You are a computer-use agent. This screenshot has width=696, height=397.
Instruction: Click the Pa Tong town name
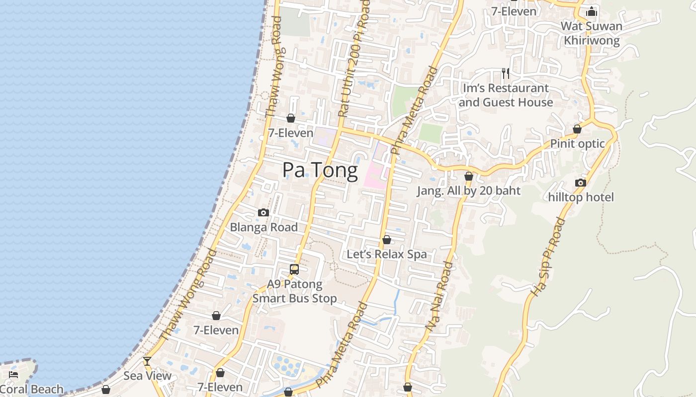pyautogui.click(x=320, y=170)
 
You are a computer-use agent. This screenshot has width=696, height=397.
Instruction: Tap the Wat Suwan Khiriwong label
pyautogui.click(x=591, y=33)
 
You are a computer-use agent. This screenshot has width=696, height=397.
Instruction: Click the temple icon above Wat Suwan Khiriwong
pyautogui.click(x=592, y=11)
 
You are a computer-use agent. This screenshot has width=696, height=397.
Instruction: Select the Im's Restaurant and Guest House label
pyautogui.click(x=506, y=95)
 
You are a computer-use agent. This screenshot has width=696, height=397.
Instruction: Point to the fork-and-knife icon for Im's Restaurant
pyautogui.click(x=506, y=73)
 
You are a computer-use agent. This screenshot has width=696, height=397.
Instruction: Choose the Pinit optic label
pyautogui.click(x=577, y=144)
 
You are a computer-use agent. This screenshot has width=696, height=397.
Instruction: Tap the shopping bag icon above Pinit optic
pyautogui.click(x=577, y=129)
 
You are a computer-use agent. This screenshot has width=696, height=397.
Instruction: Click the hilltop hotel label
pyautogui.click(x=581, y=197)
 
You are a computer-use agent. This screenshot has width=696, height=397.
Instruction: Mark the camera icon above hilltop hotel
pyautogui.click(x=580, y=183)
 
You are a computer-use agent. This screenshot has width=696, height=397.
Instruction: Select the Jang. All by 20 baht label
pyautogui.click(x=468, y=191)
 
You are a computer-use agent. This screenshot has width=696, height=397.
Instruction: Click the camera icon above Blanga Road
pyautogui.click(x=263, y=213)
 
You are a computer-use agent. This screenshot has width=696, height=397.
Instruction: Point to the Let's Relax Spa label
pyautogui.click(x=386, y=255)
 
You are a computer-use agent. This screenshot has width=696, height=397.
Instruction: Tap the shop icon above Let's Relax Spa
pyautogui.click(x=387, y=240)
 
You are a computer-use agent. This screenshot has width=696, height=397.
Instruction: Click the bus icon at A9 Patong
pyautogui.click(x=294, y=269)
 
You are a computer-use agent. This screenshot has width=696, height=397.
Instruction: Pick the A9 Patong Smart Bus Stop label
pyautogui.click(x=294, y=291)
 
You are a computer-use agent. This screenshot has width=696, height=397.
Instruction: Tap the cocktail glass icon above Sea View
pyautogui.click(x=147, y=361)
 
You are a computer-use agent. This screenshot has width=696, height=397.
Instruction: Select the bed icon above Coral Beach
pyautogui.click(x=13, y=375)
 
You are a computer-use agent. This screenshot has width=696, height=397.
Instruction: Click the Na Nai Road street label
pyautogui.click(x=440, y=296)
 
